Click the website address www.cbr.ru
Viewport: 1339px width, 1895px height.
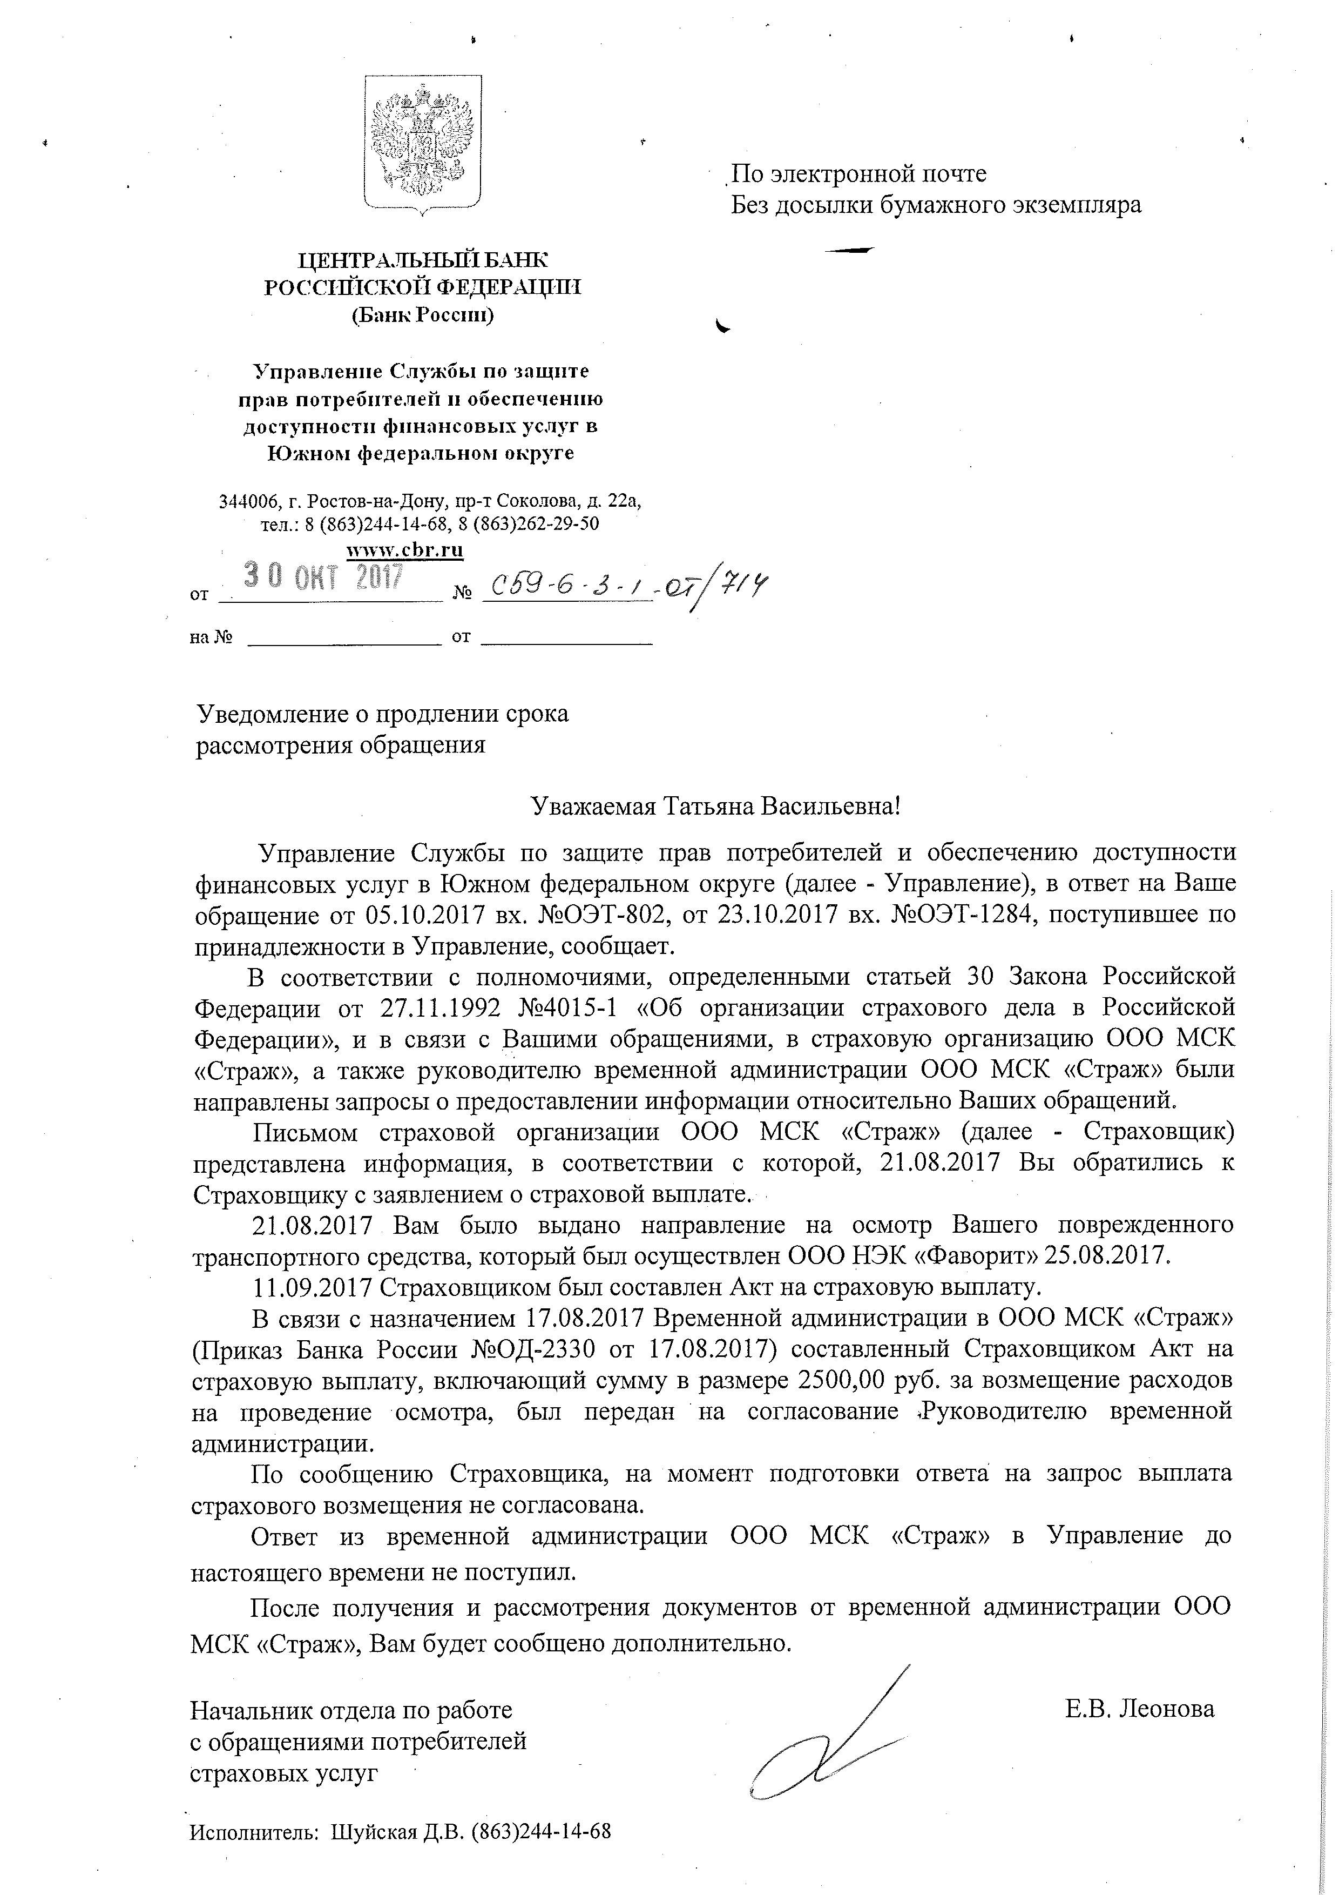[x=404, y=550]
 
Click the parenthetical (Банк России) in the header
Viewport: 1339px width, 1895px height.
[x=422, y=314]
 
